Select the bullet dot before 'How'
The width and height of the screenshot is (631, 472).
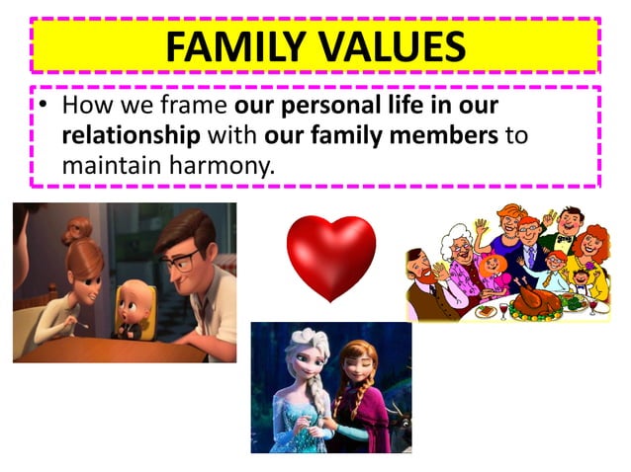(44, 106)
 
